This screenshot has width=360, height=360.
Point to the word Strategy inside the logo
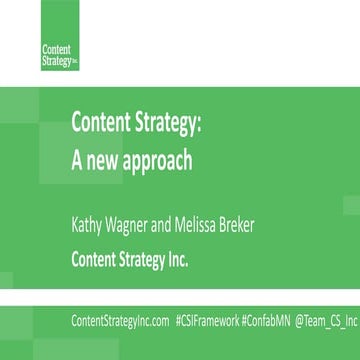56,59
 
